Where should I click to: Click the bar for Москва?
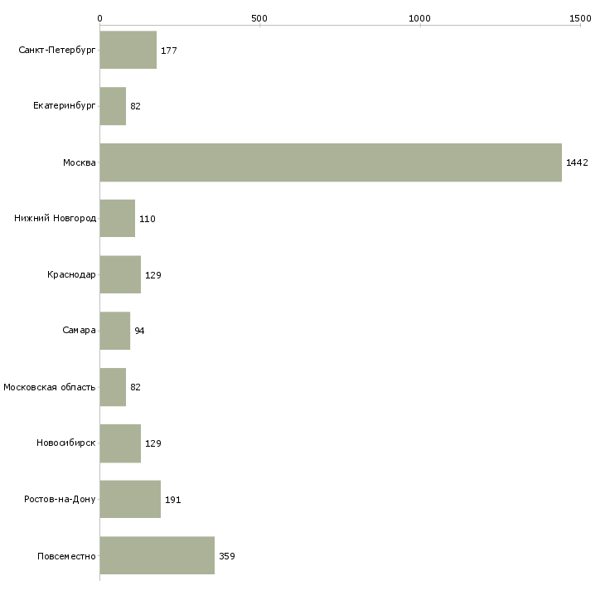(331, 162)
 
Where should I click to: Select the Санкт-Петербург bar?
(128, 50)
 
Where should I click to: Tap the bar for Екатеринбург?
(113, 106)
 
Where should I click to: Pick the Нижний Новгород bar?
(118, 219)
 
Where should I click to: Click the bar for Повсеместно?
(157, 555)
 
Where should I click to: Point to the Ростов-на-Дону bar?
(130, 499)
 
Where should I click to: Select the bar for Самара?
(115, 331)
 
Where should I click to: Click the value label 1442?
(577, 162)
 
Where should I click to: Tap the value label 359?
(227, 556)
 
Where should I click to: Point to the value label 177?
(169, 51)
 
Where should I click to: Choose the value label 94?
(139, 331)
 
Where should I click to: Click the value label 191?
(173, 500)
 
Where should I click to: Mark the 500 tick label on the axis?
(259, 18)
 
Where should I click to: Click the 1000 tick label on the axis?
(419, 18)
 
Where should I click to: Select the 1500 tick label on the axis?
(580, 18)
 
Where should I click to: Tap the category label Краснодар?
(71, 274)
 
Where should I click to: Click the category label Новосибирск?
(66, 443)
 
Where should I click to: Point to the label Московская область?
(50, 387)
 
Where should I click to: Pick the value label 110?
(148, 219)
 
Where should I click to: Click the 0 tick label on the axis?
(100, 18)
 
